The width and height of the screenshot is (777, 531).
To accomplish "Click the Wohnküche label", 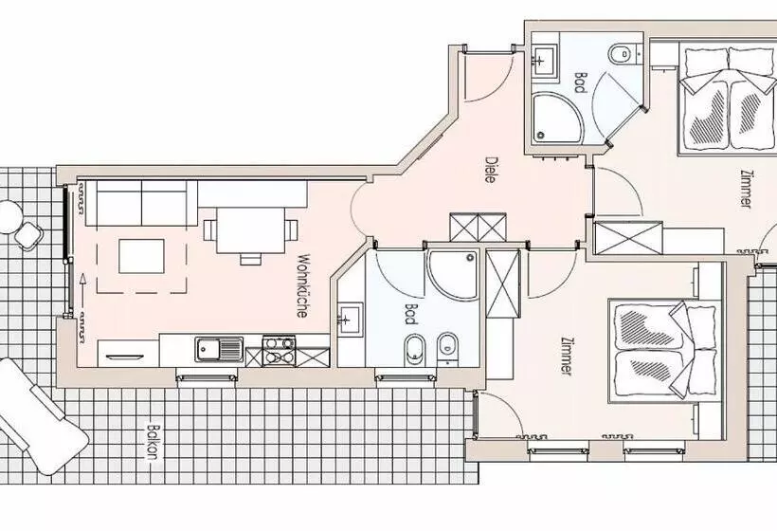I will click(x=302, y=284).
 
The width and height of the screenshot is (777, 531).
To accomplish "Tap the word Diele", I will click(x=491, y=171).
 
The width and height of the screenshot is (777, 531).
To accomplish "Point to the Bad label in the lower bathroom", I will click(x=410, y=315).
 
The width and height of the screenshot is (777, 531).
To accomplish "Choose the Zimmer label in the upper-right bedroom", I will click(x=749, y=189).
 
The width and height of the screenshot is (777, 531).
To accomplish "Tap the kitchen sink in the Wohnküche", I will click(x=219, y=350).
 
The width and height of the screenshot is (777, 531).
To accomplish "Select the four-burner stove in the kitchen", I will click(x=278, y=349).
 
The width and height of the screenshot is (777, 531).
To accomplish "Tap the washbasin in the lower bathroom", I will click(x=348, y=318).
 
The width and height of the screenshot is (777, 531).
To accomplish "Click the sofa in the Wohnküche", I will click(x=140, y=203).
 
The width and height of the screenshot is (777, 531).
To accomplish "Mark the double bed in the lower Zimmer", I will click(x=660, y=350).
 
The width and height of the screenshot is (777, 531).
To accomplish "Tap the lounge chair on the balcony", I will click(x=38, y=417).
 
